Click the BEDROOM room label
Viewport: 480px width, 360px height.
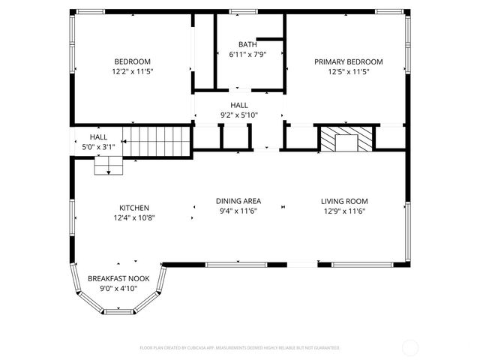(x=132, y=61)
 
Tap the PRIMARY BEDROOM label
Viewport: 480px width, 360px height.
(x=348, y=61)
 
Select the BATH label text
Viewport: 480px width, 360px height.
(x=247, y=44)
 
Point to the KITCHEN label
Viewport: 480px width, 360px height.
(x=133, y=208)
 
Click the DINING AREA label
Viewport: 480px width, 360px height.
(x=238, y=201)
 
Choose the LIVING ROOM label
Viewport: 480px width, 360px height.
(x=344, y=201)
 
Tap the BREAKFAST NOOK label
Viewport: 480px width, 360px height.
(x=118, y=278)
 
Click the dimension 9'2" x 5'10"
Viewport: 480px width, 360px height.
(x=238, y=115)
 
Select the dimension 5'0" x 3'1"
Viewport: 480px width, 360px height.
(x=98, y=147)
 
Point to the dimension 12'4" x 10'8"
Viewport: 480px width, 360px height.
(x=133, y=218)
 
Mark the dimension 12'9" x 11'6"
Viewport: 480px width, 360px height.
(x=344, y=211)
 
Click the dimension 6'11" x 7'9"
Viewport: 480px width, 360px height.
(x=247, y=55)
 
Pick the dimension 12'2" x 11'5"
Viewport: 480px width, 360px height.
(x=132, y=71)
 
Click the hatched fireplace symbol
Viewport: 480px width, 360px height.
(x=345, y=139)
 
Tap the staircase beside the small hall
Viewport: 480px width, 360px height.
(x=157, y=142)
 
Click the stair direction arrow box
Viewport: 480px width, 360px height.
(x=108, y=167)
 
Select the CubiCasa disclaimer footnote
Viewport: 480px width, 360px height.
(x=240, y=348)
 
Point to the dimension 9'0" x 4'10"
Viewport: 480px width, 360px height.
(x=118, y=288)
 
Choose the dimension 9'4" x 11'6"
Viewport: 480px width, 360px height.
(x=238, y=211)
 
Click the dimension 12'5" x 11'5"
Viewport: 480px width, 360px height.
(x=348, y=71)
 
